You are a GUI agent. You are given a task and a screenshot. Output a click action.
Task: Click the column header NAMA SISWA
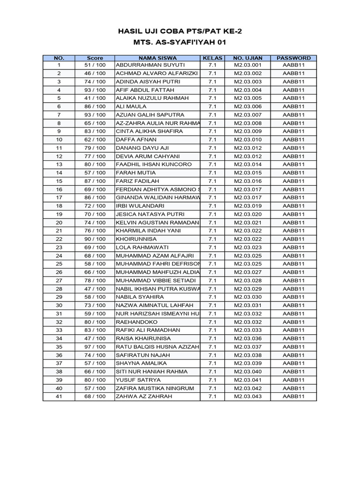(x=157, y=58)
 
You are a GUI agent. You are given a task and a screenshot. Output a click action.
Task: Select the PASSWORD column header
(x=293, y=58)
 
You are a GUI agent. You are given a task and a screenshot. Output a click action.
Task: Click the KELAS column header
(x=212, y=58)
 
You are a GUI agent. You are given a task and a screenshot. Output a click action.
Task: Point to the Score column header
(x=95, y=58)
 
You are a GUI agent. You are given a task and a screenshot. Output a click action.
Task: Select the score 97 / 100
(x=95, y=347)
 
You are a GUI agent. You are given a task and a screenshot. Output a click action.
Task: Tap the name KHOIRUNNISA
(x=137, y=239)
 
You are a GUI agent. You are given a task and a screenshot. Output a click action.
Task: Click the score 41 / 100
(x=95, y=98)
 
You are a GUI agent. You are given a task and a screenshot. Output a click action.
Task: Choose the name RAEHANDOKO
(x=136, y=322)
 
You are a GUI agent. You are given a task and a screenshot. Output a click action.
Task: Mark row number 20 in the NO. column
(x=59, y=223)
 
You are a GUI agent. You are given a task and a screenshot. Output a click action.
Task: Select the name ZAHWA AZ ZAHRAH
(x=144, y=397)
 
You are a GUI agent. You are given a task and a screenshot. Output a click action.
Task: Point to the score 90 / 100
(x=95, y=239)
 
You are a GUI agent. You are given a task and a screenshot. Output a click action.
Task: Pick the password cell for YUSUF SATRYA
(x=293, y=380)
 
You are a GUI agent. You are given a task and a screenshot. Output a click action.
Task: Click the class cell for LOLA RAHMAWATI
(x=212, y=247)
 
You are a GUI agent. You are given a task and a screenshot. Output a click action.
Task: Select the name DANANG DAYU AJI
(x=139, y=148)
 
